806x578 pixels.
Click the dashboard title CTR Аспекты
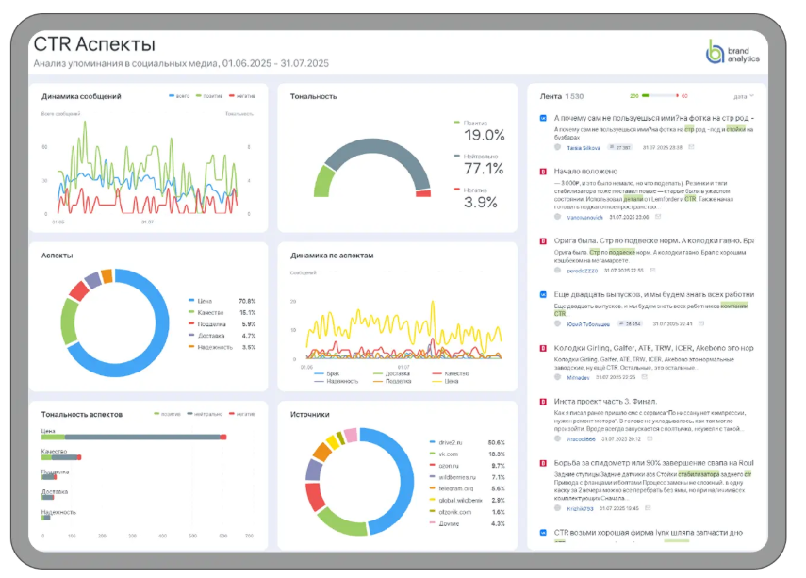coord(94,44)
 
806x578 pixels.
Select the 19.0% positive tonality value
coord(485,136)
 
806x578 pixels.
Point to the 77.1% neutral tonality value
coord(485,169)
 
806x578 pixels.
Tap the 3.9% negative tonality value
coord(481,202)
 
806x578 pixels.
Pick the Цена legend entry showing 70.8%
coord(224,300)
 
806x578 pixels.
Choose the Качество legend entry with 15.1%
coord(224,312)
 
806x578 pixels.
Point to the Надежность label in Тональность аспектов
coord(58,512)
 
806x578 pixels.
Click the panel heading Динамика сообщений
coord(81,96)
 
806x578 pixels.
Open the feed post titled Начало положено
coord(584,171)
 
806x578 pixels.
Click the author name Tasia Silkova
coord(583,147)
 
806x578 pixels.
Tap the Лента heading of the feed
coord(551,96)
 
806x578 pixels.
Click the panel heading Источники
coord(309,413)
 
